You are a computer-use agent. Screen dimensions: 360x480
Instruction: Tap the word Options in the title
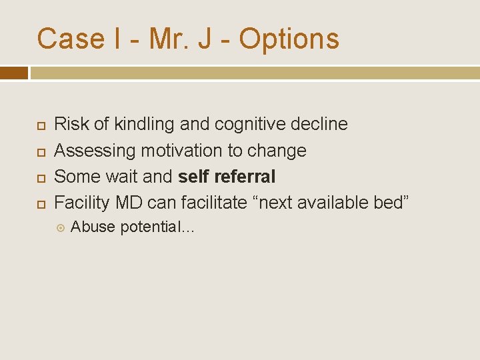tap(289, 39)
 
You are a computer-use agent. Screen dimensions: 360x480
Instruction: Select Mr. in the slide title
tap(170, 39)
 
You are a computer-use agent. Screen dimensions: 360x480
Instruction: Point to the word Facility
tap(82, 203)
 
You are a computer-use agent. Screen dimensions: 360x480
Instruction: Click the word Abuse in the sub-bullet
tap(93, 227)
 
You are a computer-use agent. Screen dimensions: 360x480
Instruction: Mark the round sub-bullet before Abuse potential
tap(61, 227)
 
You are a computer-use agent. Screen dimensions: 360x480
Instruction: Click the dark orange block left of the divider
tap(14, 73)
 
